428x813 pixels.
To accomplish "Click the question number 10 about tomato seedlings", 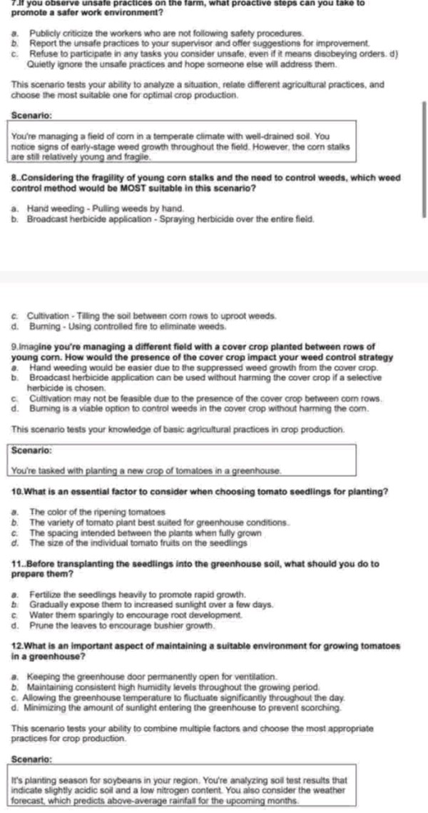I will (x=19, y=492).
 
